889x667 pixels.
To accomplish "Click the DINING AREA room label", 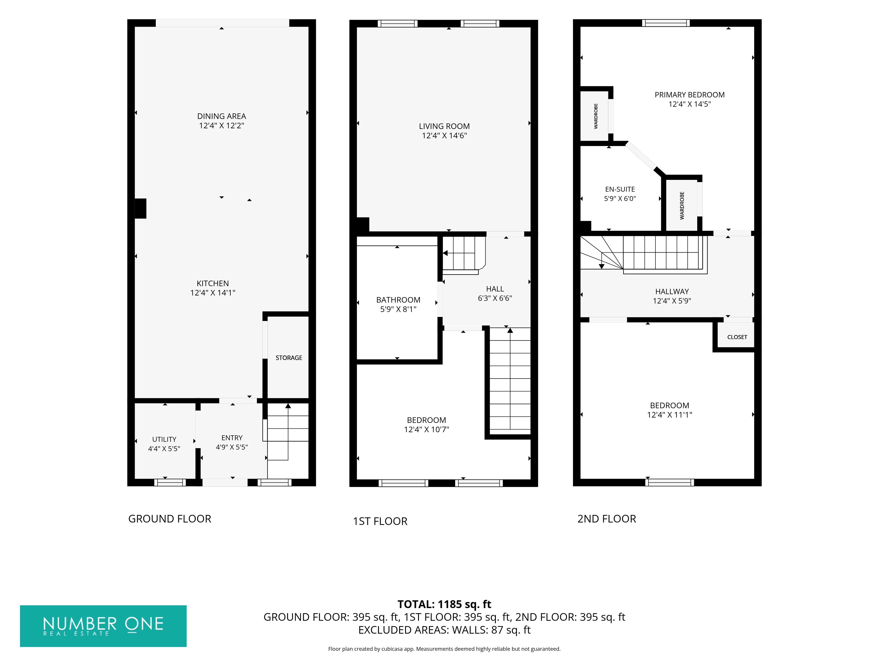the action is [x=221, y=116].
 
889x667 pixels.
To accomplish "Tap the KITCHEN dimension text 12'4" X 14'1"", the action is [x=213, y=293].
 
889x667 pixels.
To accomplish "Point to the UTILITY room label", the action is [x=164, y=439].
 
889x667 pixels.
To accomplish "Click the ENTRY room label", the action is [x=232, y=438].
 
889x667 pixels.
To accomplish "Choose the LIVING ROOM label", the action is [x=444, y=126].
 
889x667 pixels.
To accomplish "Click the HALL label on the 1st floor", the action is [x=495, y=289].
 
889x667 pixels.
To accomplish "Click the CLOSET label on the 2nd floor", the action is [x=737, y=337].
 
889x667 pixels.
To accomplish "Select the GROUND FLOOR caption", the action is [x=170, y=519].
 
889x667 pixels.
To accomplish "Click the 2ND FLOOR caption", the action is [x=607, y=519].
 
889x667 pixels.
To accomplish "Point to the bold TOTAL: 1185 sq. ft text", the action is [x=444, y=604].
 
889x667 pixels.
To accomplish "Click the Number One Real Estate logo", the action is [x=103, y=626].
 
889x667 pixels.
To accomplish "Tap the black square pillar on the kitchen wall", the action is [x=140, y=209].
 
